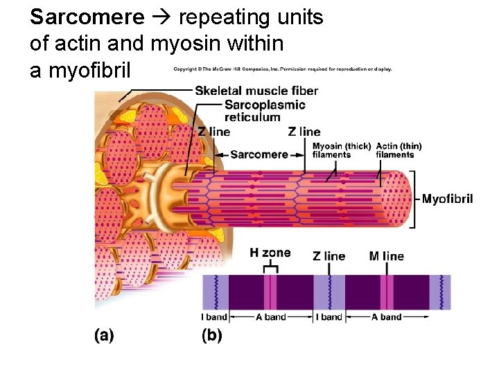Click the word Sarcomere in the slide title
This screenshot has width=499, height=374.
(x=87, y=17)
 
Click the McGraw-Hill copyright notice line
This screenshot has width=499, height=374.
(x=282, y=69)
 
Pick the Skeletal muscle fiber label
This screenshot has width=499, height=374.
(x=256, y=91)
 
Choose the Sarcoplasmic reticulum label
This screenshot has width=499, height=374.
(x=265, y=111)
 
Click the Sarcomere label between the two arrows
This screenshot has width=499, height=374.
(x=259, y=154)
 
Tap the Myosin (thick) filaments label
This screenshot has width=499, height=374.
(x=341, y=150)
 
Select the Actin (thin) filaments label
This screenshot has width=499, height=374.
(x=399, y=150)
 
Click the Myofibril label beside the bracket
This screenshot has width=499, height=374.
(x=447, y=199)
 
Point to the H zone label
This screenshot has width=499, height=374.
(x=270, y=253)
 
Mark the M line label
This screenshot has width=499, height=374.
(x=386, y=256)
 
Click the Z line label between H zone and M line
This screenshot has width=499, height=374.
(x=329, y=256)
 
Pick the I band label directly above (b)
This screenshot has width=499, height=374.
(x=214, y=317)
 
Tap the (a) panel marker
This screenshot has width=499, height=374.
(x=104, y=336)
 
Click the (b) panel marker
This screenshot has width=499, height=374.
(x=212, y=336)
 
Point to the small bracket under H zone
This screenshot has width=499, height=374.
(x=271, y=267)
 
